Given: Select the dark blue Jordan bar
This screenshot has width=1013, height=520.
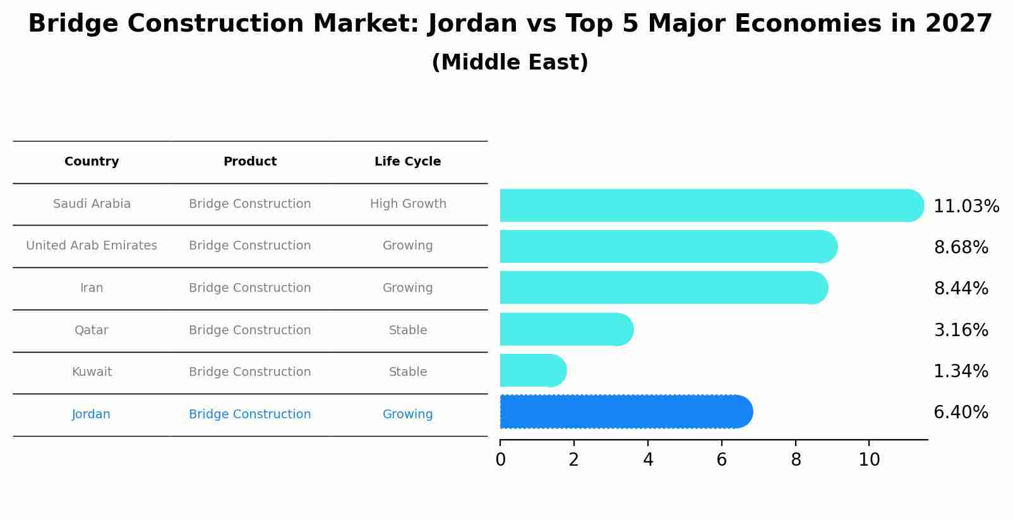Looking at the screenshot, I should [625, 412].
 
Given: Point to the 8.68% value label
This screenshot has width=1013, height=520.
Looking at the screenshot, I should [961, 248].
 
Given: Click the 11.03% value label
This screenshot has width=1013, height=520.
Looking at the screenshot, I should [966, 207].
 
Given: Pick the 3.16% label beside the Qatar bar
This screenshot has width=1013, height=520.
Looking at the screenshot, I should [961, 330].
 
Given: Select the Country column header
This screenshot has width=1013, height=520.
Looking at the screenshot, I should [92, 162].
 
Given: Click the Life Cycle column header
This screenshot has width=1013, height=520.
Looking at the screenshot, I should [407, 162].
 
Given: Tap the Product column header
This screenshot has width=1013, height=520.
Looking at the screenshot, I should [249, 162].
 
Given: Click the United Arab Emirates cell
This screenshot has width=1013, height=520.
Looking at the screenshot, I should [92, 246].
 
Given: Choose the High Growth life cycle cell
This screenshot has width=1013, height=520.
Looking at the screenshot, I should [407, 204].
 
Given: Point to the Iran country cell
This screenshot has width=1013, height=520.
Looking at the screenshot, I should [92, 288].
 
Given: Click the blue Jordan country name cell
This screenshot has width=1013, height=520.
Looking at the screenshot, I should [91, 414].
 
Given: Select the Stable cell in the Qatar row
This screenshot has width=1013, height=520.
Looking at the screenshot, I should [407, 330].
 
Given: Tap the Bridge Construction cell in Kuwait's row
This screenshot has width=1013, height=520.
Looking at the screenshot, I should [249, 372].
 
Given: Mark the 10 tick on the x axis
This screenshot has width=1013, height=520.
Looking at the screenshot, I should [869, 460].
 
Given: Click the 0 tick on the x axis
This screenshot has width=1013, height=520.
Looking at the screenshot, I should [500, 460].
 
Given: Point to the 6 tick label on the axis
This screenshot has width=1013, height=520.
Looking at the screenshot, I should [721, 460].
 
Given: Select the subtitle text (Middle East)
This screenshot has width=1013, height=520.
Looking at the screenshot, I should [510, 63].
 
